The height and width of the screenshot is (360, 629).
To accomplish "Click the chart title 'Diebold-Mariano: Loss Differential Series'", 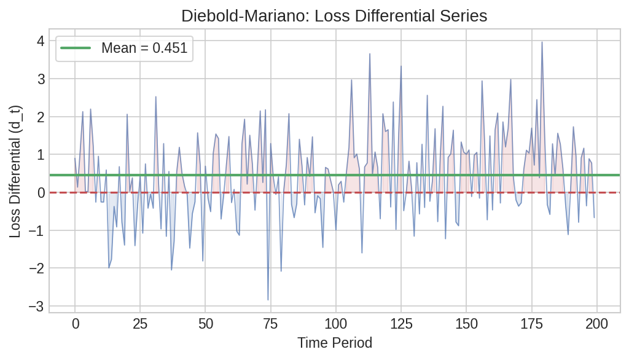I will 334,16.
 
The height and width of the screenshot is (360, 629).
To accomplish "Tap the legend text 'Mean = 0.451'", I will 144,48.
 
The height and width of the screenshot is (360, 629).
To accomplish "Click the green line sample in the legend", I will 74,48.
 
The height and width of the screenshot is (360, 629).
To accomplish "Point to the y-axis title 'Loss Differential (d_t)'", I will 15,171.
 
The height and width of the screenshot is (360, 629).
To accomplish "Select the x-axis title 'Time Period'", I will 335,343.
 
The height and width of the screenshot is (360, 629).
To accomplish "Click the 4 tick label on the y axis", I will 41,41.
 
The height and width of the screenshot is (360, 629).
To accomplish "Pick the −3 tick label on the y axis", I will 36,306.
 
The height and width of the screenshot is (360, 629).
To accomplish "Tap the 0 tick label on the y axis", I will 41,192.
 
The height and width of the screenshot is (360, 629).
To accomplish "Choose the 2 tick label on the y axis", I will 41,117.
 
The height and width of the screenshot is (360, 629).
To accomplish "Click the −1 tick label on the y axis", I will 36,230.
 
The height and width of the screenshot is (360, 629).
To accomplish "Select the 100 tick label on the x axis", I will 335,324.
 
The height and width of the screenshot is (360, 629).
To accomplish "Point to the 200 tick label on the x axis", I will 596,324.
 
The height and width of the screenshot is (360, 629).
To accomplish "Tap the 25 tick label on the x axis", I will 140,324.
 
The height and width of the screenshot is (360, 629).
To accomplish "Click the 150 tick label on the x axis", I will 466,324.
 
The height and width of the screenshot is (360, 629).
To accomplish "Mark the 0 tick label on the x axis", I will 75,324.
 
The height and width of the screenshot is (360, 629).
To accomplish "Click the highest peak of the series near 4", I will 542,42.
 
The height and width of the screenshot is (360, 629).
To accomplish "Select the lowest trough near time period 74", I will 268,300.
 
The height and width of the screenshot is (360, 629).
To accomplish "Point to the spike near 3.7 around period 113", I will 370,54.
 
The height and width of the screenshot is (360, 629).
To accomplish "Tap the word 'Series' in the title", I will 466,16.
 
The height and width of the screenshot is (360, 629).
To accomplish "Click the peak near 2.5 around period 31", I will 156,97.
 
